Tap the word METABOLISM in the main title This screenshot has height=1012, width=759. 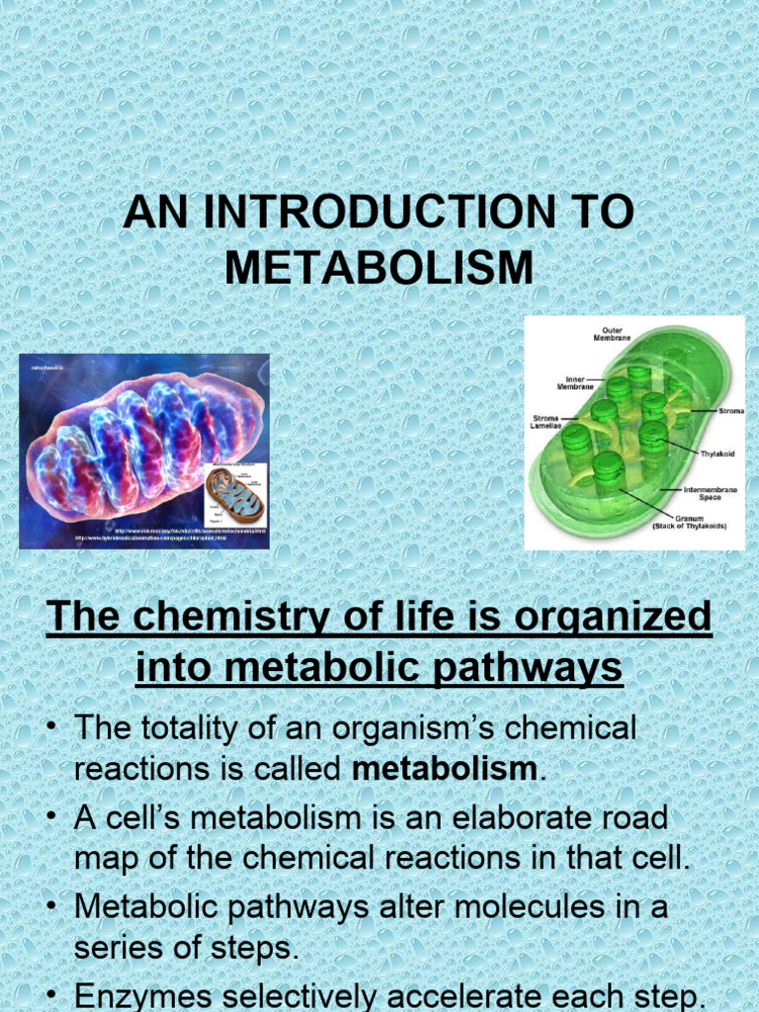click(x=379, y=268)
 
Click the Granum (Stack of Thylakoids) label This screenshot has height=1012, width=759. click(x=689, y=522)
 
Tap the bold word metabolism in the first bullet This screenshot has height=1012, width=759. click(x=445, y=769)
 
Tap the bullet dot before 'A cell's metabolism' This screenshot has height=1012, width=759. click(x=50, y=818)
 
